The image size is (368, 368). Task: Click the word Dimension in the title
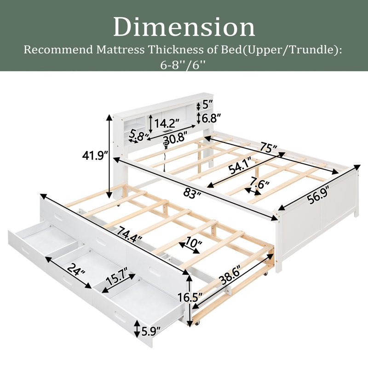click(x=184, y=27)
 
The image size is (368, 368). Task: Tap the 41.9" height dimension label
click(x=95, y=155)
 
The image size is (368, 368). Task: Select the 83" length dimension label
click(x=192, y=194)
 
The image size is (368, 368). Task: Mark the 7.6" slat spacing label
click(x=259, y=183)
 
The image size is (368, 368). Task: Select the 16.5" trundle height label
click(x=190, y=297)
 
